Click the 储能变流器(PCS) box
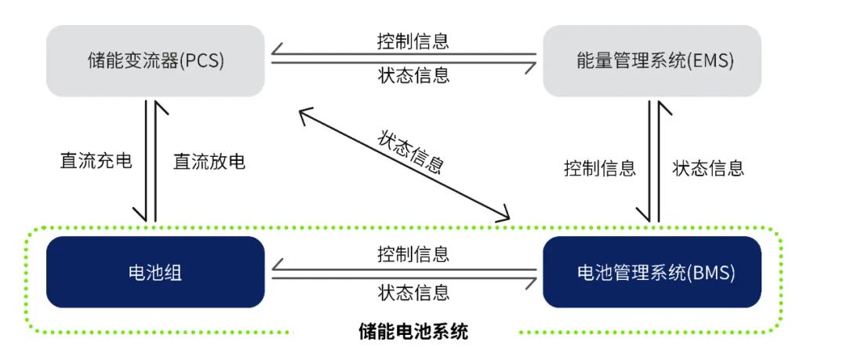point(154,61)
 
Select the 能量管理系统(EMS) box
point(651,61)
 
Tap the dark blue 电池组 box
point(154,272)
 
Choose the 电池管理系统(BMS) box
point(651,272)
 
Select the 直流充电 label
point(96,162)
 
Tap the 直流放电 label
point(209,162)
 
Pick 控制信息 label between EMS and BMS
point(599,168)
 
